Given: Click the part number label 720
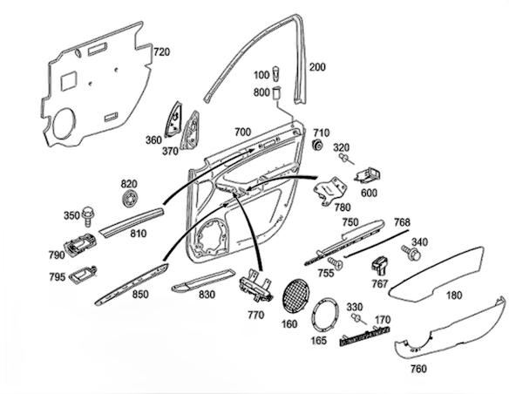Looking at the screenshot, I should pyautogui.click(x=162, y=52).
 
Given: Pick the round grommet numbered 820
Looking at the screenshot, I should pyautogui.click(x=130, y=200).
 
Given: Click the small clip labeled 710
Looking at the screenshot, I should pyautogui.click(x=318, y=144).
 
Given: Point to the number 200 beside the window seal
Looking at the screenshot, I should pyautogui.click(x=317, y=67).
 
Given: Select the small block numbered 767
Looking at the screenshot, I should pyautogui.click(x=380, y=264).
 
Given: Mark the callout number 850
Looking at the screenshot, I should pyautogui.click(x=139, y=295).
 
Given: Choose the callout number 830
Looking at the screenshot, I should pyautogui.click(x=206, y=295).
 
